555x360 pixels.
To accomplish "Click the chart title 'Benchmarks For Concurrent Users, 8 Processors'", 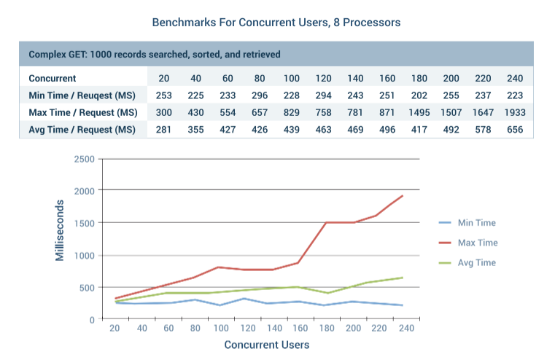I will pos(276,23).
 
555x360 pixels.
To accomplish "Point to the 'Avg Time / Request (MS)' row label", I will pos(82,129).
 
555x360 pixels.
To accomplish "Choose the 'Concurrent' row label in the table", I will pos(53,78).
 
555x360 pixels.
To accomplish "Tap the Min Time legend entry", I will pos(476,223).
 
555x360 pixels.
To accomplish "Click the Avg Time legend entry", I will pos(476,262).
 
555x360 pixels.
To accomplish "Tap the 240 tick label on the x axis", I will pos(407,329).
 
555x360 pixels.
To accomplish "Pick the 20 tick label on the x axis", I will pos(115,329).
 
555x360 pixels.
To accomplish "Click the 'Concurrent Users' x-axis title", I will pos(266,345).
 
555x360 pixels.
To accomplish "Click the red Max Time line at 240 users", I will pos(402,196).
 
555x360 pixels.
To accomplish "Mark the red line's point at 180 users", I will pos(325,222).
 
